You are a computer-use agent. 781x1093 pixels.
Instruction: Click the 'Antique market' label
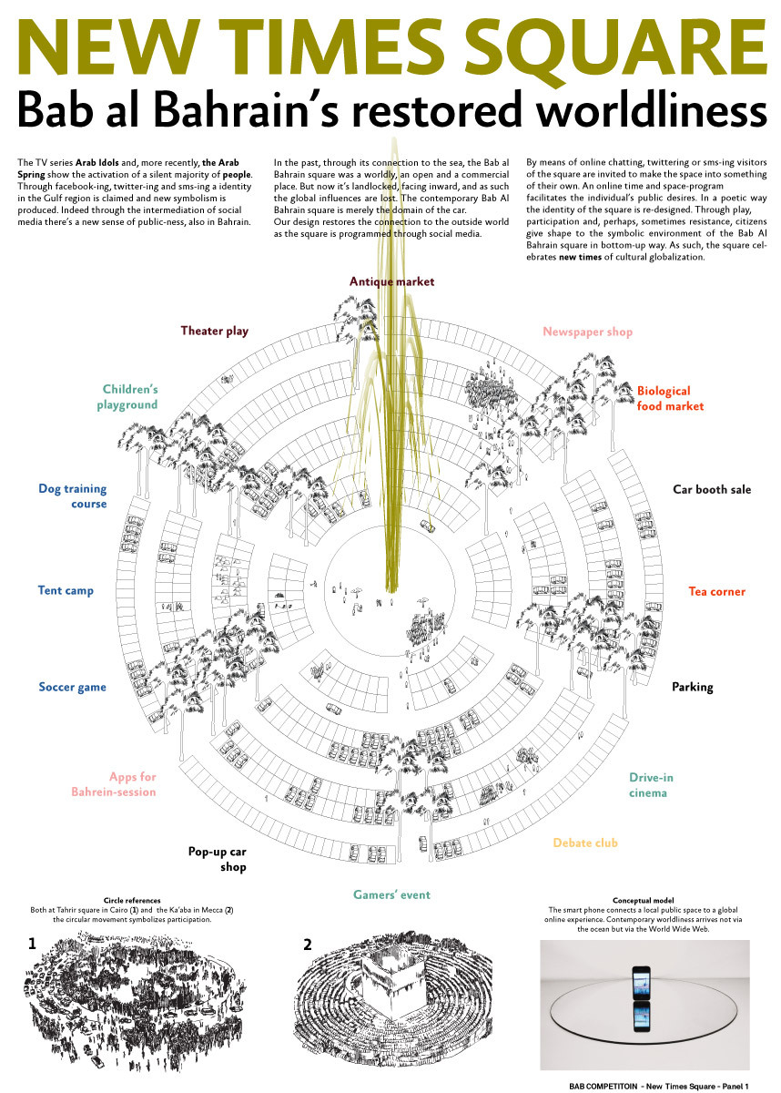point(391,281)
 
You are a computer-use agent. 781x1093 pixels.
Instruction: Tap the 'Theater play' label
point(215,331)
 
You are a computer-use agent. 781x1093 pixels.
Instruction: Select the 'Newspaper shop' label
point(587,332)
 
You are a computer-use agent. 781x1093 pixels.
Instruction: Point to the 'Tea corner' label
point(716,591)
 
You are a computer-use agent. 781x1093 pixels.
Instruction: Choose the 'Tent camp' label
point(66,590)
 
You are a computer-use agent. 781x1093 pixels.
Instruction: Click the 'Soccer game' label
point(72,687)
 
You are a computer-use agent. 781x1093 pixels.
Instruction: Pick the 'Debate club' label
point(585,843)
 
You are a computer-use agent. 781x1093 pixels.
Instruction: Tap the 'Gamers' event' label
point(392,894)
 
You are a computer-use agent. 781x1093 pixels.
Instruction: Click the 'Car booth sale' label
point(712,489)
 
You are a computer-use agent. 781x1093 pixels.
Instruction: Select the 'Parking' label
point(693,687)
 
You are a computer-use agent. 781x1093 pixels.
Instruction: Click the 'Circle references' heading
point(132,901)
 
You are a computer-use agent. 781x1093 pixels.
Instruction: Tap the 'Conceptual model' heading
point(643,900)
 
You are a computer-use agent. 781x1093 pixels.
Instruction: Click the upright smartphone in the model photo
point(641,981)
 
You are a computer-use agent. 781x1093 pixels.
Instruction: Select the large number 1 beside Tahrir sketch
point(32,944)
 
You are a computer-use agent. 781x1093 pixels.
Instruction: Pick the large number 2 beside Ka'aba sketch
point(307,945)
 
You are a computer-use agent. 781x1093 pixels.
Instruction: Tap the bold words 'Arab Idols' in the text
point(97,162)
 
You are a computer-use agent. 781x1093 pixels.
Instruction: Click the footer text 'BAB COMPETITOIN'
point(603,1086)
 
